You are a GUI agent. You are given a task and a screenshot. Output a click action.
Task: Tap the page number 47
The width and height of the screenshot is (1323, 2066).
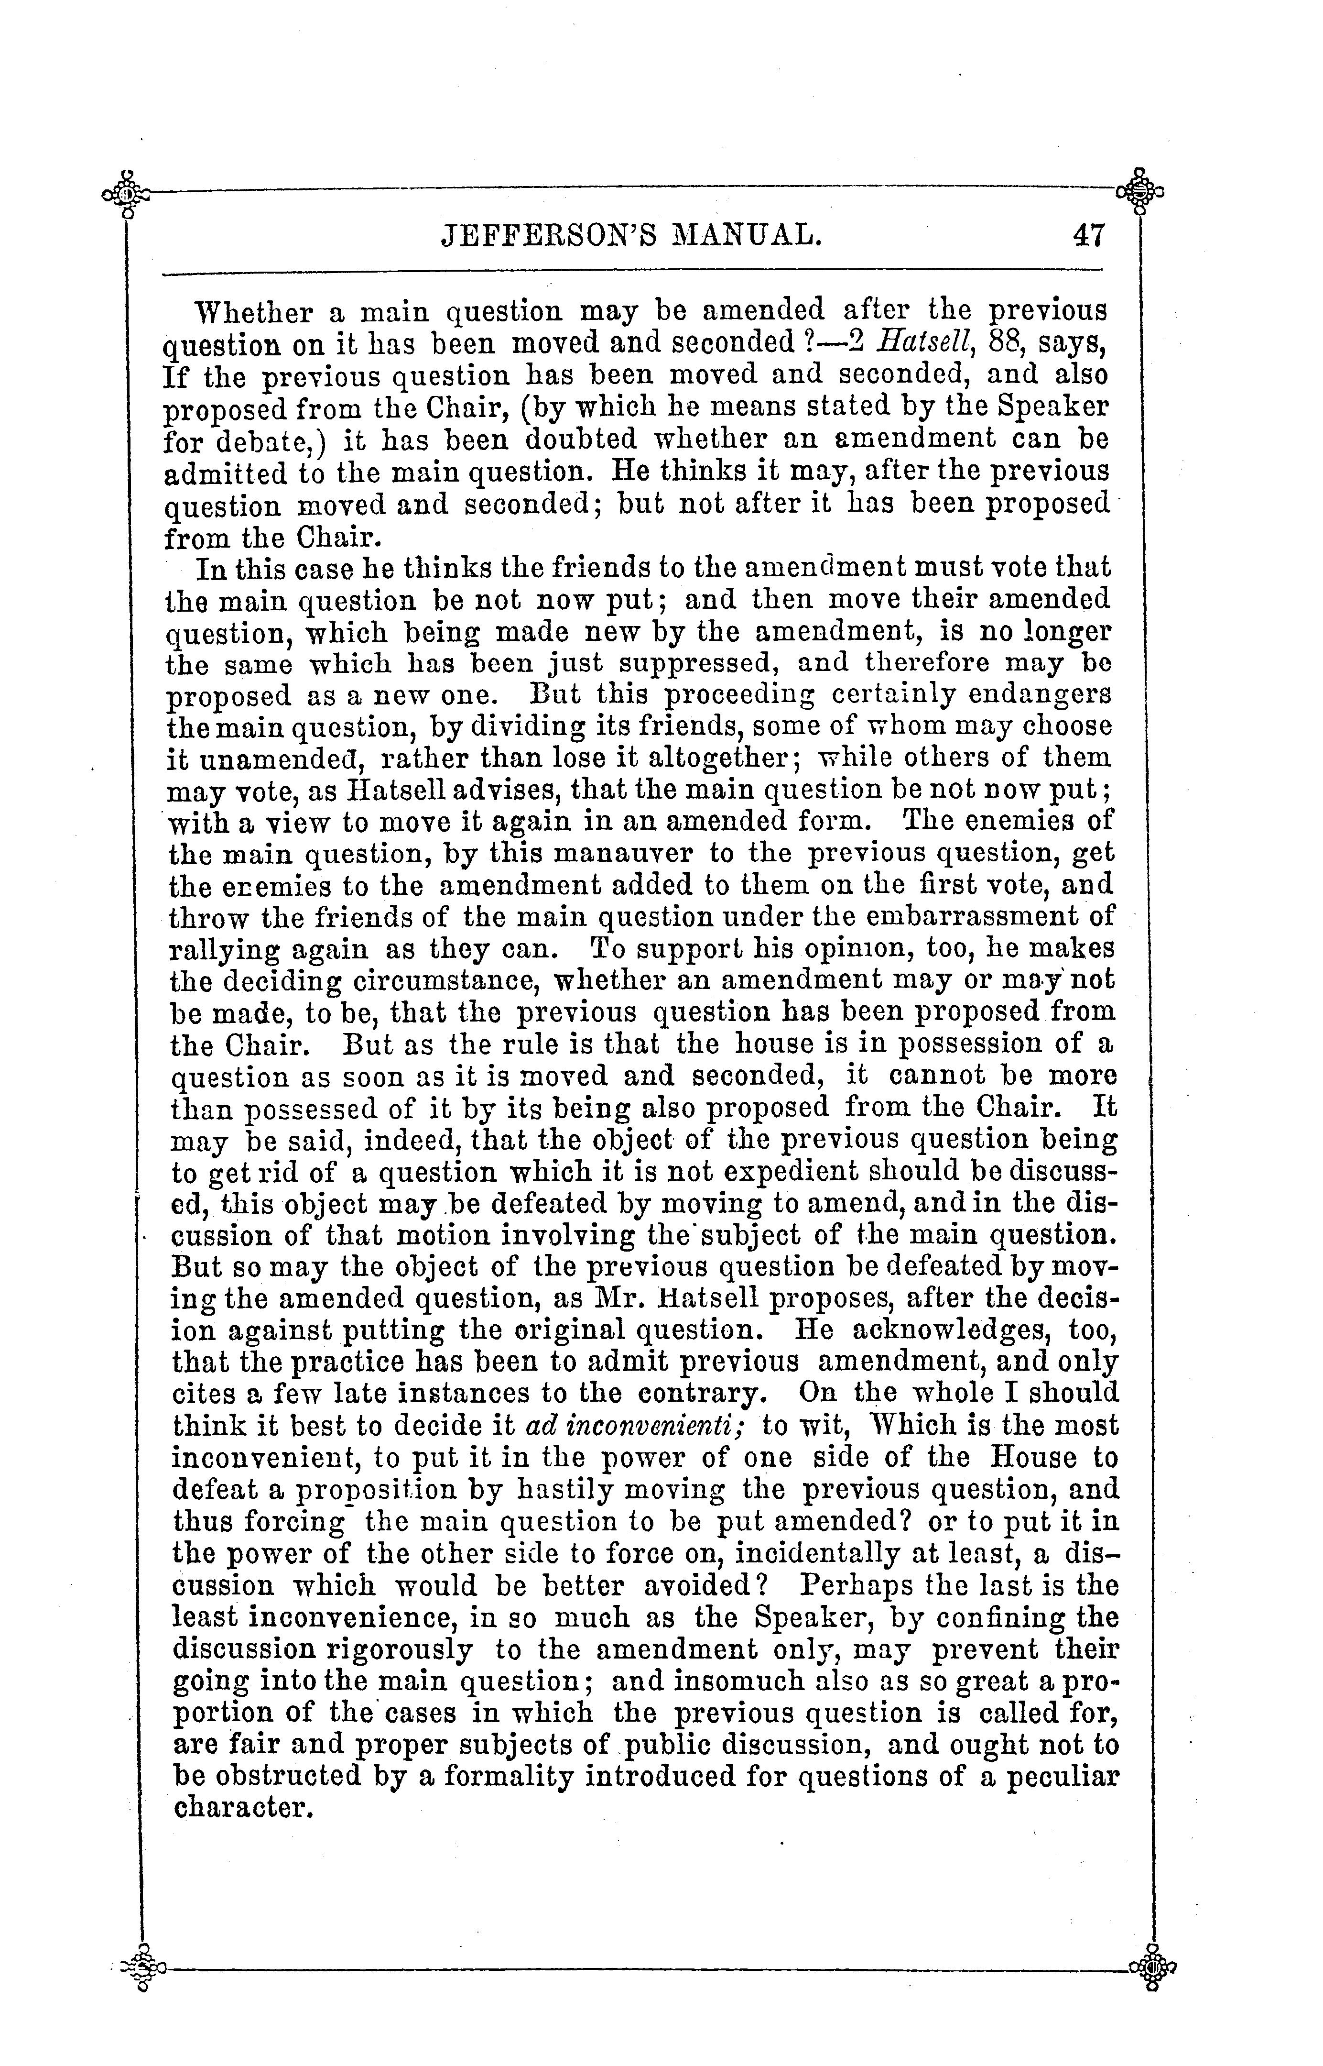point(1088,235)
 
